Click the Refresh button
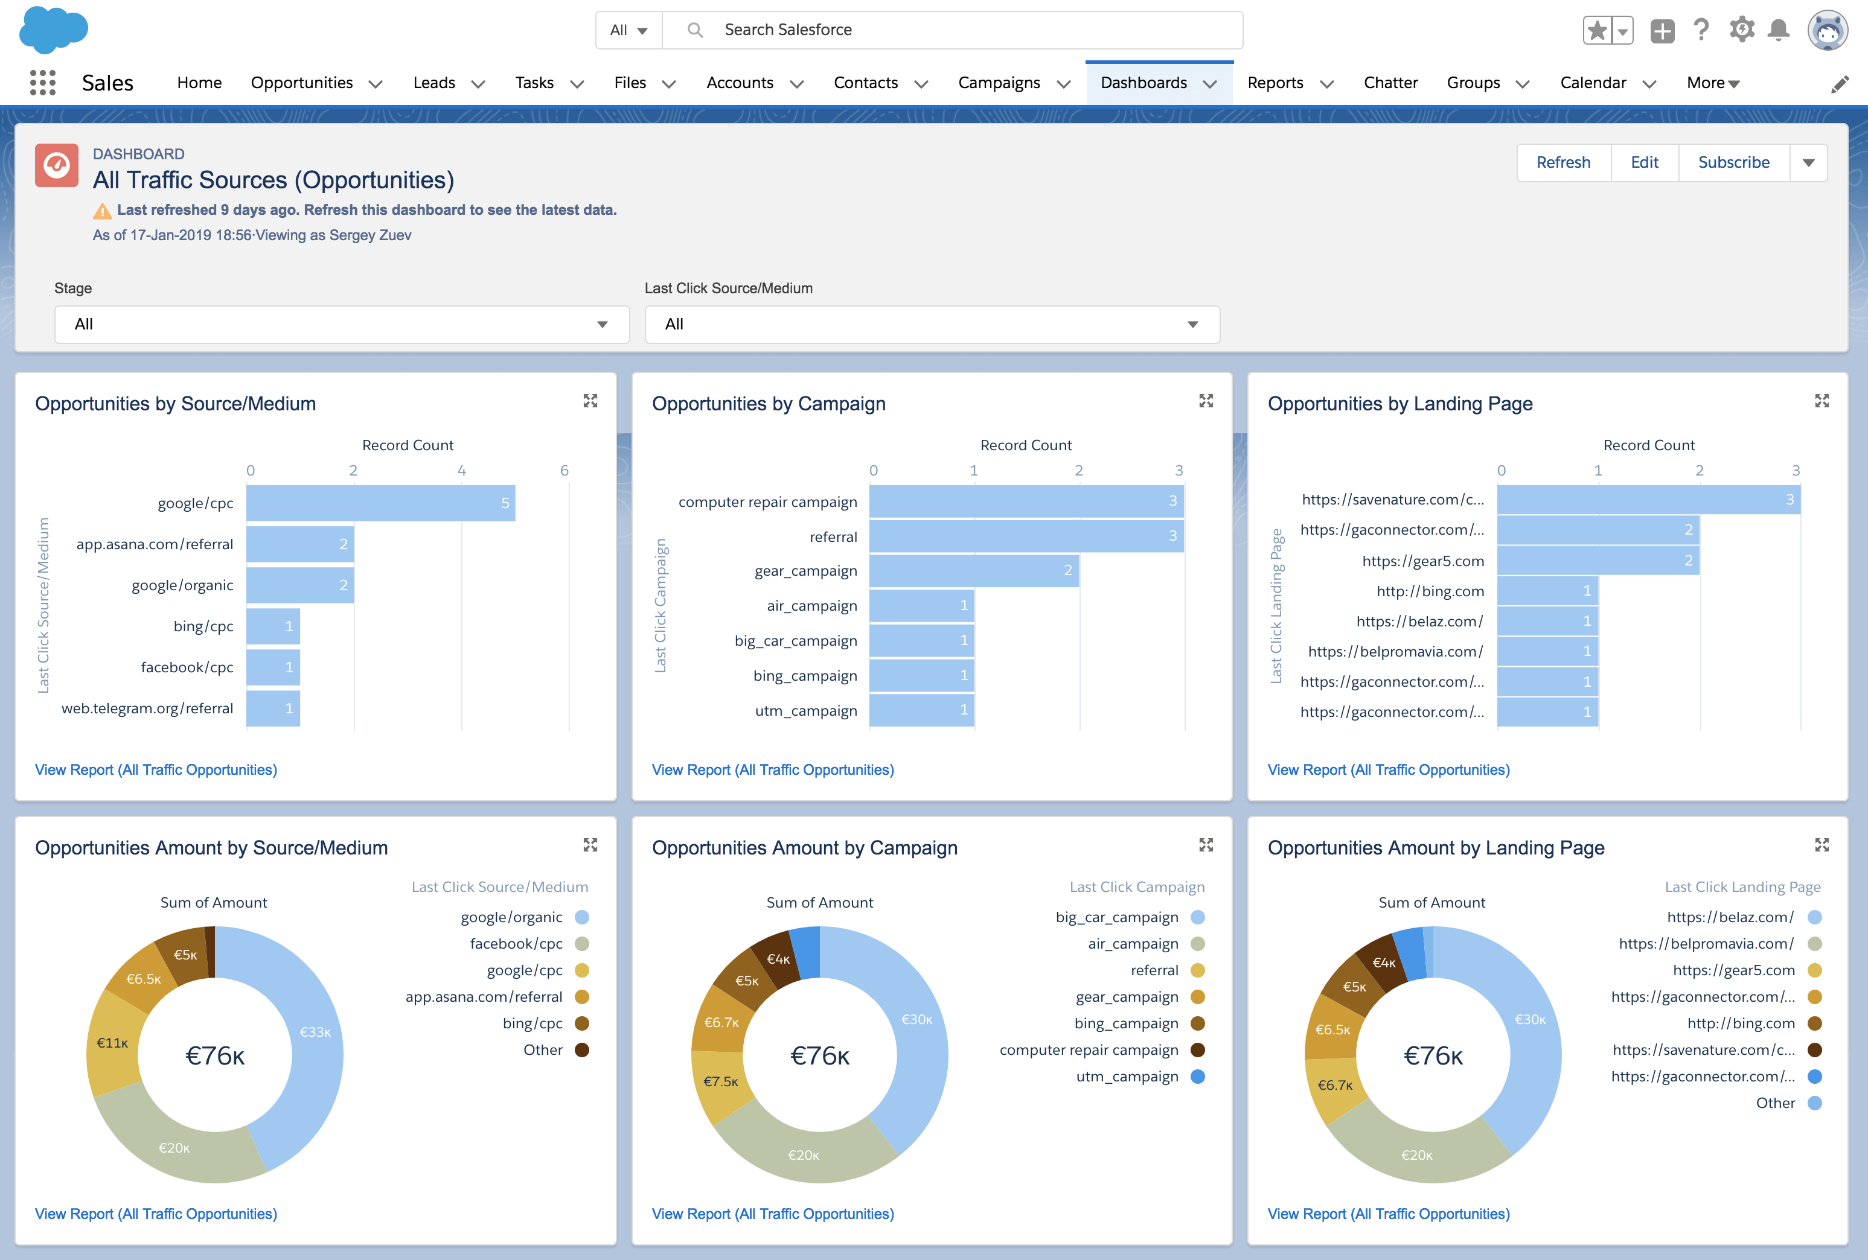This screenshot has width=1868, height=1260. (x=1563, y=162)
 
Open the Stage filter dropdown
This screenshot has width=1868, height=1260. (x=342, y=325)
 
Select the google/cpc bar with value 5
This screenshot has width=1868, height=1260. (x=380, y=503)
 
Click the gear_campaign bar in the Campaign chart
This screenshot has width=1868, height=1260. (x=973, y=570)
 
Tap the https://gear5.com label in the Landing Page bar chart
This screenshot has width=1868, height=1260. (x=1422, y=561)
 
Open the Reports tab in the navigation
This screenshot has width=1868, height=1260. (x=1275, y=83)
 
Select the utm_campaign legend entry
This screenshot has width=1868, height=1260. (x=1127, y=1077)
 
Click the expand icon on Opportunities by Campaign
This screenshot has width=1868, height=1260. (x=1206, y=400)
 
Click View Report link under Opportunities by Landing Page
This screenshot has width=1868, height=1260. (x=1388, y=770)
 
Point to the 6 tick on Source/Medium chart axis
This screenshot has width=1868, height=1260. (x=565, y=471)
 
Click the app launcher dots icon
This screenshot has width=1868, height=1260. (x=43, y=83)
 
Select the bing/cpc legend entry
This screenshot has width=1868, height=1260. (x=532, y=1023)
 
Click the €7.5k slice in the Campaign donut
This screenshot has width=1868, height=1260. (x=720, y=1081)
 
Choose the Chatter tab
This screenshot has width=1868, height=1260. (x=1390, y=83)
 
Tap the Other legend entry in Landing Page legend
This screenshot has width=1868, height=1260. (x=1775, y=1103)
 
